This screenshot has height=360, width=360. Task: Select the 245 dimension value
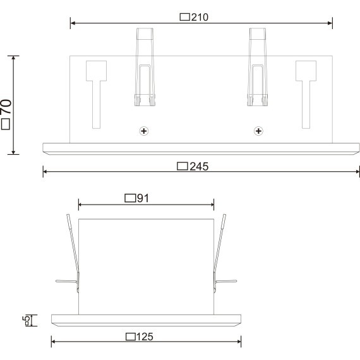point(198,167)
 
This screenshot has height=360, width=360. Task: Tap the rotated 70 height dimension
point(7,111)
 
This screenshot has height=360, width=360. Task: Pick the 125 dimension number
point(145,336)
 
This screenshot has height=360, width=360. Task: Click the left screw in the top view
point(144,131)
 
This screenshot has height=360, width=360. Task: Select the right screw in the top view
point(258,131)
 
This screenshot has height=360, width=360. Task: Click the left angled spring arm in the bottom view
point(73,253)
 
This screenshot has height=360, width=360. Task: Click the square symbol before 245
point(183,167)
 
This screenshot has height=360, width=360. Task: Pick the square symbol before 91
point(130,198)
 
